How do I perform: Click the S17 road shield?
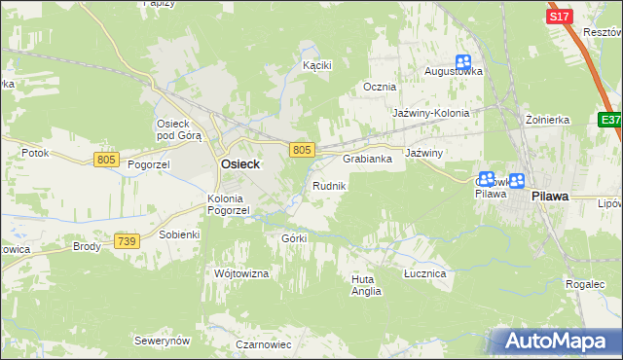coord(559,17)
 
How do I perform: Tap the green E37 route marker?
coord(610,119)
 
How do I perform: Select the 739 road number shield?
coord(126,240)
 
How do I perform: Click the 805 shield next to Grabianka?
coord(302,149)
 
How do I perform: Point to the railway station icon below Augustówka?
coord(463,62)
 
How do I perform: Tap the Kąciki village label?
coord(317,65)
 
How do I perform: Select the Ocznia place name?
coord(380,87)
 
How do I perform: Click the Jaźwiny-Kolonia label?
coord(430,113)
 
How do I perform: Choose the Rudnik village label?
coord(328,185)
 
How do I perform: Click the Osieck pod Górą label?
coord(179,129)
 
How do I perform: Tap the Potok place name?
coord(35,154)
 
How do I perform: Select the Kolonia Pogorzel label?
coord(229,203)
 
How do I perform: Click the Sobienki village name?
coord(179,235)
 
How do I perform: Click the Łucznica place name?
coord(424,274)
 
